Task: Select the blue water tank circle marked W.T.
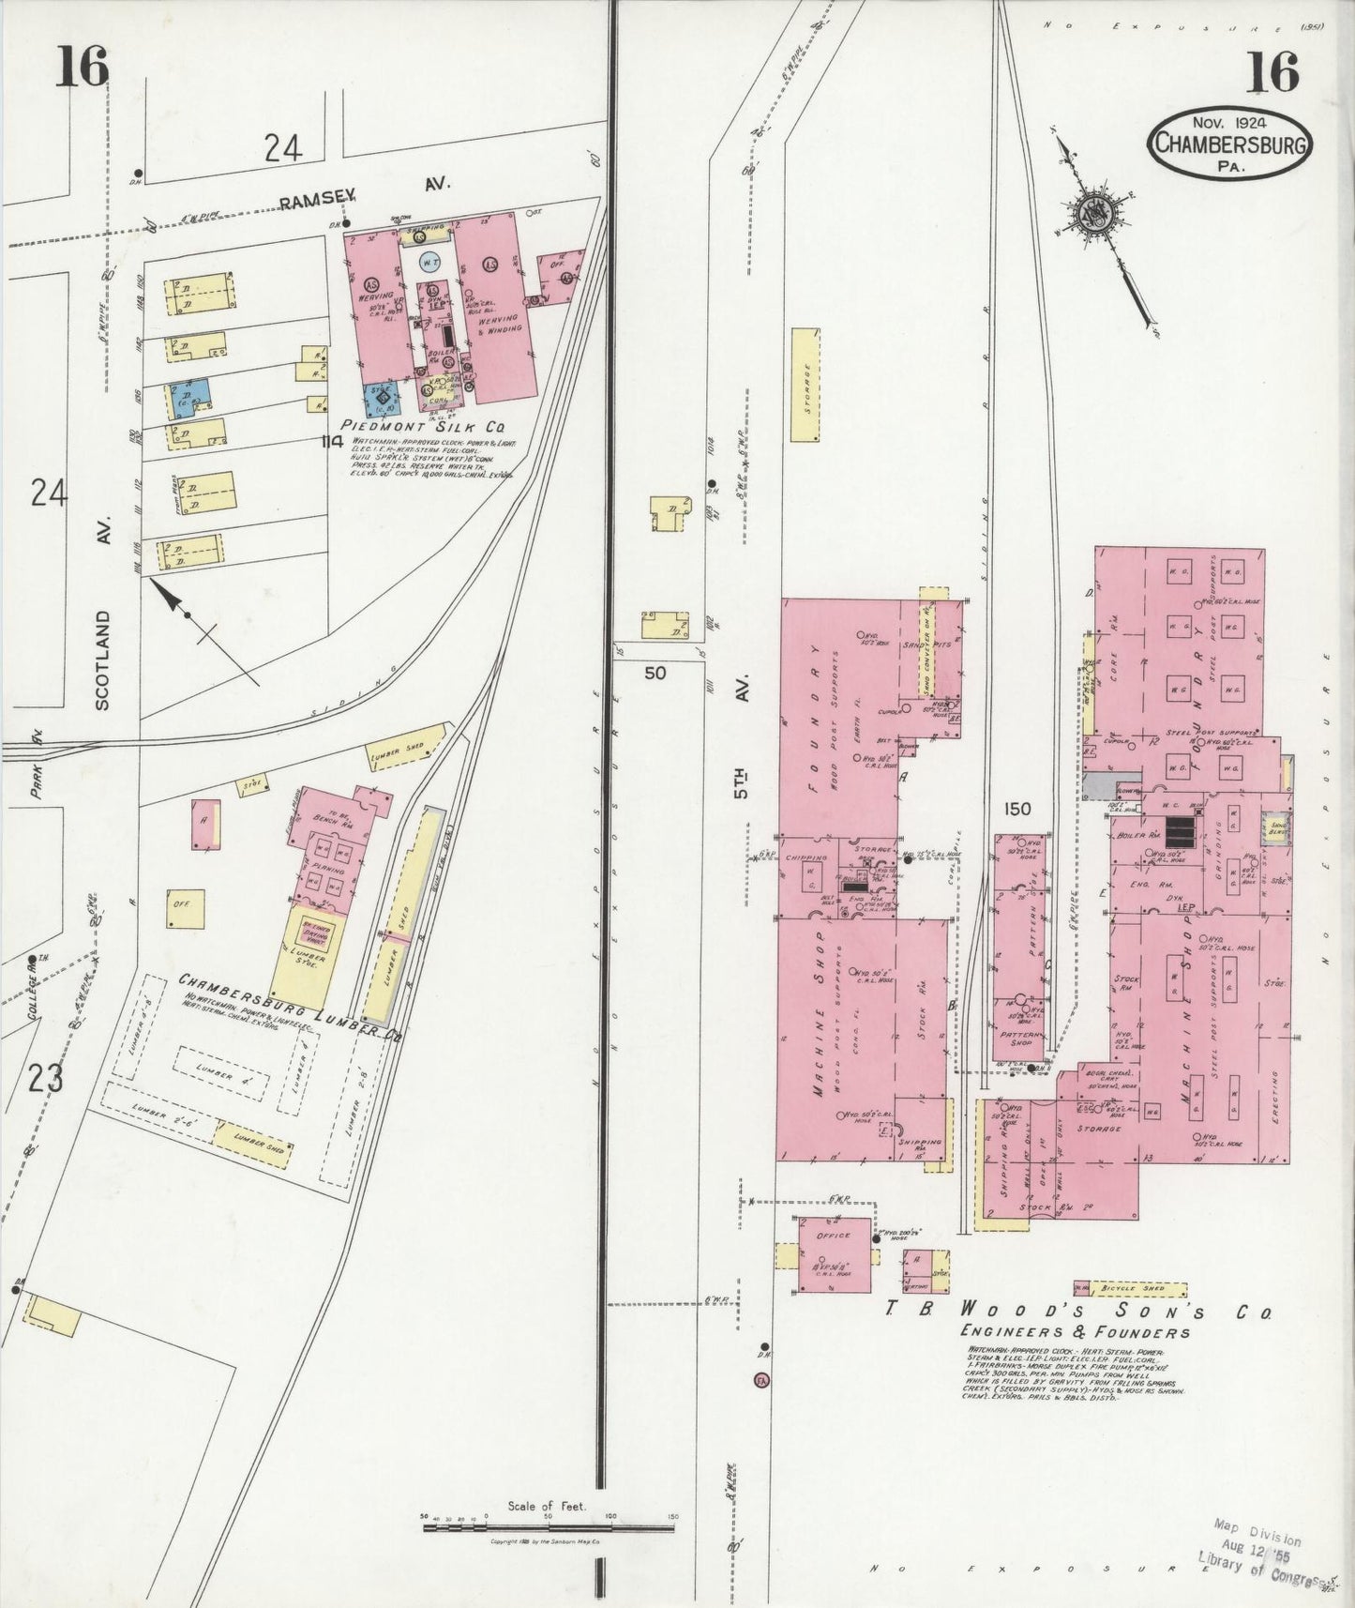431,264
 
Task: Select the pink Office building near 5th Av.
834,1254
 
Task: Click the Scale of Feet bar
549,1527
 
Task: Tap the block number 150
1016,809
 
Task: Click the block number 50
655,673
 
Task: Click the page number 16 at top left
82,68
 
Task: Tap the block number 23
45,1080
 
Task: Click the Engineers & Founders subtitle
1075,1332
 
